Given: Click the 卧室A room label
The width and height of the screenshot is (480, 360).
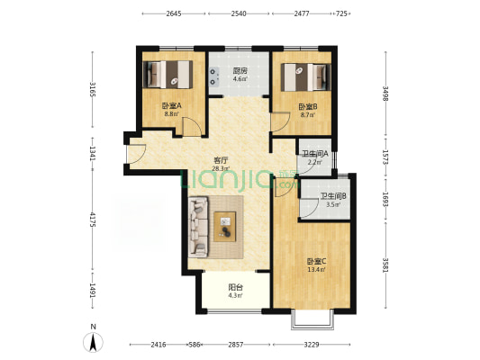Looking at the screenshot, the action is click(x=172, y=106).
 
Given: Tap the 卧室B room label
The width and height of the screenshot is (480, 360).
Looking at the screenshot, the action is click(x=308, y=107).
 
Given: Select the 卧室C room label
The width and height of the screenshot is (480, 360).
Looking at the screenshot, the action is click(x=316, y=262).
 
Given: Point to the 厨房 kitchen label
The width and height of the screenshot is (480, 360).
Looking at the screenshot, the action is click(x=240, y=71).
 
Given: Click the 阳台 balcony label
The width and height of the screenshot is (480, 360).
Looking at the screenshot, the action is click(x=236, y=287).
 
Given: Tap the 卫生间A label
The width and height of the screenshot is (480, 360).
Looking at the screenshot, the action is click(x=315, y=154).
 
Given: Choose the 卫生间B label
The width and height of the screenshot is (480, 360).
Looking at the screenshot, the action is click(x=333, y=196).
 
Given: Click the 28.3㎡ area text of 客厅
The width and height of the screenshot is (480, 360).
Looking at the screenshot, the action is click(x=221, y=168).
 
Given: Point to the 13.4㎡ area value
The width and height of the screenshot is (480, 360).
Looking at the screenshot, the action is click(x=316, y=269).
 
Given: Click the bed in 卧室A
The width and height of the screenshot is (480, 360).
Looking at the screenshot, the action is click(x=168, y=75).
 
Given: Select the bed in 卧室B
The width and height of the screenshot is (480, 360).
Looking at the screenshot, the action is click(x=306, y=77).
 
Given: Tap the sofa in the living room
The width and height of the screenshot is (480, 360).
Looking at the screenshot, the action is click(x=198, y=227).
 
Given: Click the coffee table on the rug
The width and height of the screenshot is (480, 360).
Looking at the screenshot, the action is click(x=225, y=227).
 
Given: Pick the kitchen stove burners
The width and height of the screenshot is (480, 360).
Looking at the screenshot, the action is click(x=213, y=76).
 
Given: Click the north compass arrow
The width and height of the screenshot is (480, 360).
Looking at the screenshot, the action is click(x=93, y=342).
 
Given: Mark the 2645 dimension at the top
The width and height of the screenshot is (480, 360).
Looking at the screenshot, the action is click(x=174, y=13).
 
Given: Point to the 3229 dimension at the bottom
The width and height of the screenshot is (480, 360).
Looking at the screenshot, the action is click(x=312, y=345).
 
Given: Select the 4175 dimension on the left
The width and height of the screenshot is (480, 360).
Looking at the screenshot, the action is click(x=93, y=220).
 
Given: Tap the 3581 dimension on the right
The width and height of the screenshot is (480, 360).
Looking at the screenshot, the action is click(x=385, y=265).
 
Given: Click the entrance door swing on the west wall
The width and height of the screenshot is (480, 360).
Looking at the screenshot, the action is click(x=137, y=154).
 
